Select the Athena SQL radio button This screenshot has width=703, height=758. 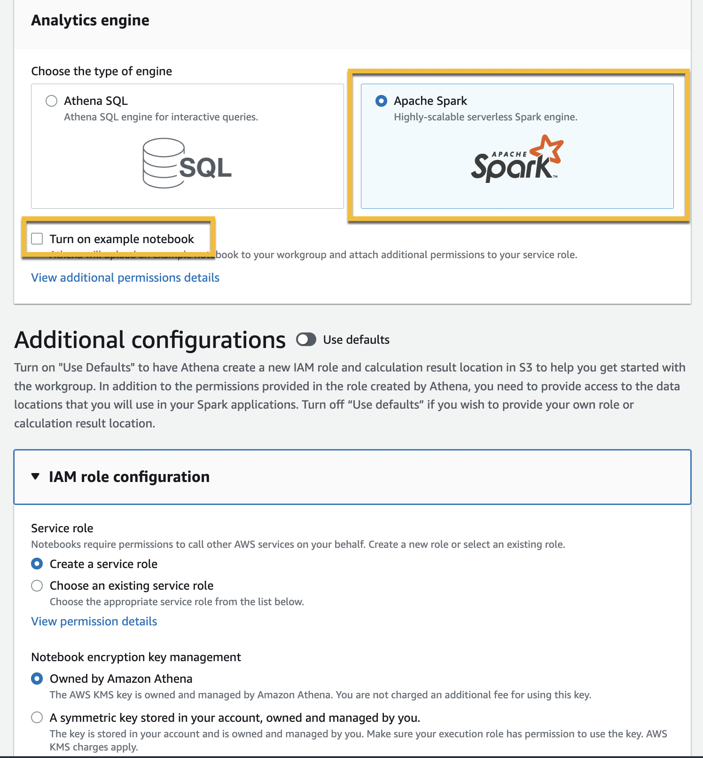(52, 101)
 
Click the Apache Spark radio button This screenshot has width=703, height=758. (382, 101)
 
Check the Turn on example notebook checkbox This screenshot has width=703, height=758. (37, 239)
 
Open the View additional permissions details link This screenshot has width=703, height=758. (125, 278)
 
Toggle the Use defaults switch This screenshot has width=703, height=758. (306, 340)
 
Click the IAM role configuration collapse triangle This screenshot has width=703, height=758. (35, 476)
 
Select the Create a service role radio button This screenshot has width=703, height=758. (37, 564)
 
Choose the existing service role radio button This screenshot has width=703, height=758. (37, 585)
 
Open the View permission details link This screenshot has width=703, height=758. (94, 622)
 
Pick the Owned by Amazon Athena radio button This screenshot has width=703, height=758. (37, 679)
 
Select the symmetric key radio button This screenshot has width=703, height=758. (37, 718)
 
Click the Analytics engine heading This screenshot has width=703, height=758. (90, 20)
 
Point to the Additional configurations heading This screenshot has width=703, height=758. (150, 340)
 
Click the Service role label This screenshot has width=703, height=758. (62, 529)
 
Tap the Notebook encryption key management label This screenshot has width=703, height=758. (136, 657)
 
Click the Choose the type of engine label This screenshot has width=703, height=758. (102, 71)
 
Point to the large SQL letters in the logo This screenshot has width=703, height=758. (205, 167)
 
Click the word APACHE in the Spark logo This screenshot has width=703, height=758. (509, 154)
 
